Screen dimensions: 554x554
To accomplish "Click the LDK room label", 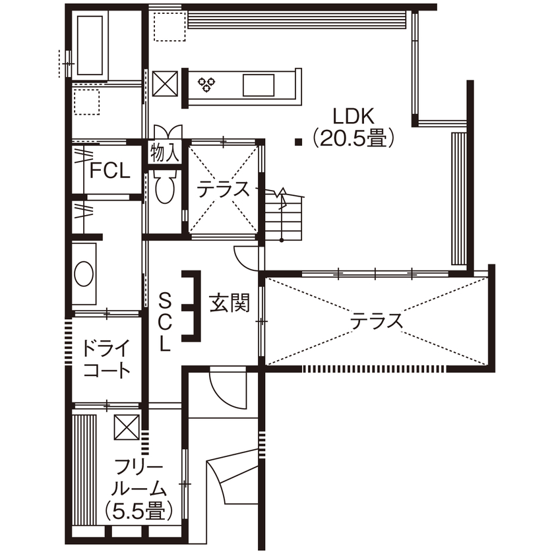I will pyautogui.click(x=354, y=117).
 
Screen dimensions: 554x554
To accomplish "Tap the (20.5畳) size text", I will pyautogui.click(x=354, y=137).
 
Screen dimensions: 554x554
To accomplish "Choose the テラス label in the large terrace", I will pyautogui.click(x=376, y=321).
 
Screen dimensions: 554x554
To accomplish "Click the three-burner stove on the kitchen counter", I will pyautogui.click(x=207, y=84).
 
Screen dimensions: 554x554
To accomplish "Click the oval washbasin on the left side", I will pyautogui.click(x=84, y=274).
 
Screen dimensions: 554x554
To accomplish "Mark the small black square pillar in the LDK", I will pyautogui.click(x=299, y=140).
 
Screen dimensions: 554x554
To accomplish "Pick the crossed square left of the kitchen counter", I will pyautogui.click(x=164, y=84).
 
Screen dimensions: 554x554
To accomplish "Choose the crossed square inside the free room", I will pyautogui.click(x=127, y=427).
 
